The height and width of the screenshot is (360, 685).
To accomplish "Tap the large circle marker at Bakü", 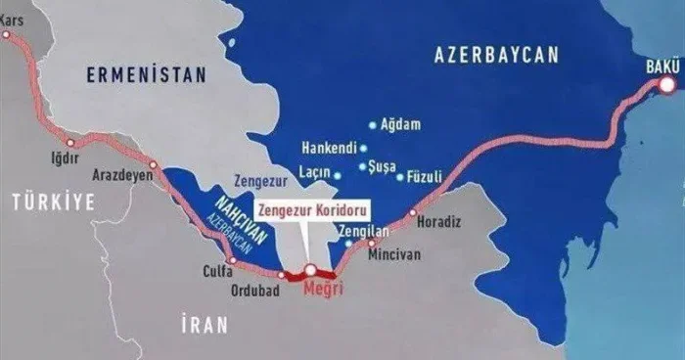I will tap(669, 85).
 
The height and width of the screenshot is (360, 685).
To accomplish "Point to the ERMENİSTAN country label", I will tap(147, 74).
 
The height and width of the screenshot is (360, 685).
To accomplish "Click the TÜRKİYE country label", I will tap(53, 202).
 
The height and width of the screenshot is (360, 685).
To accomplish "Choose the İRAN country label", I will tap(204, 324).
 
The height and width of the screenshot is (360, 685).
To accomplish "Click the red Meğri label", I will tap(323, 289).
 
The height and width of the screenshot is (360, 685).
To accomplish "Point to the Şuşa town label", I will tap(378, 166).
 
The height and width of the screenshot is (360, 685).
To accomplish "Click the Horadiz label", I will tap(438, 221).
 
